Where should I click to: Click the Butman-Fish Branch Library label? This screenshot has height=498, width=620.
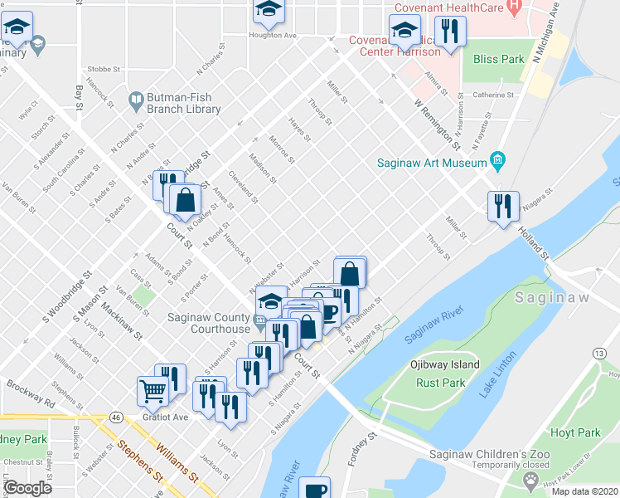tap(184, 103)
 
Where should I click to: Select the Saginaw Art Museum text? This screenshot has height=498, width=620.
tap(431, 163)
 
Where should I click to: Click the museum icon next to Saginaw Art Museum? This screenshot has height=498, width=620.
tap(497, 159)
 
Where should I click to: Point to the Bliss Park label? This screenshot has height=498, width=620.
tap(498, 59)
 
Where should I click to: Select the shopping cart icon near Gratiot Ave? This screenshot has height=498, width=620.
tap(153, 391)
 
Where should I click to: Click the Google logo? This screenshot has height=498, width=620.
tap(27, 488)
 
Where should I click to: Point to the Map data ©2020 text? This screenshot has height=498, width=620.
tap(584, 491)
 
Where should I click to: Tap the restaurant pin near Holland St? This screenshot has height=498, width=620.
tap(502, 206)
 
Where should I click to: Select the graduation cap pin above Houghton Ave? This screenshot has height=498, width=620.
tap(268, 10)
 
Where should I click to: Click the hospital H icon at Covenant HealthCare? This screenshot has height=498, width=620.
tap(513, 7)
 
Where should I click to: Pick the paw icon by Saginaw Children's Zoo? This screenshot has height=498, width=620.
tap(530, 480)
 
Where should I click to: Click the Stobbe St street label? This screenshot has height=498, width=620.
tap(102, 70)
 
